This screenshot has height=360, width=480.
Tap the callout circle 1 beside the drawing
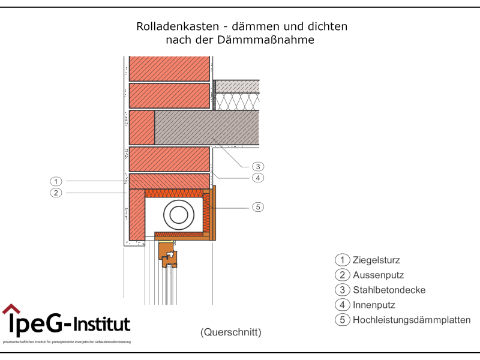click(x=56, y=181)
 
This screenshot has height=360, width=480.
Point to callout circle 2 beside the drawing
click(x=56, y=193)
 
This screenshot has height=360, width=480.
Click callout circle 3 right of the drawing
click(x=257, y=166)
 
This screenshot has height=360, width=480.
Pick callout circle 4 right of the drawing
click(x=257, y=178)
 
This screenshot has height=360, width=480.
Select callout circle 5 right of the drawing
click(x=257, y=207)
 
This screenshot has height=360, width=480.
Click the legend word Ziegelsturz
click(x=376, y=260)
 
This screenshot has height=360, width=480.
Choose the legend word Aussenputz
click(x=378, y=275)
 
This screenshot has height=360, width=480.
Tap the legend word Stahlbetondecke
click(x=389, y=290)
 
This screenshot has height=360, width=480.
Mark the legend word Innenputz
click(x=374, y=305)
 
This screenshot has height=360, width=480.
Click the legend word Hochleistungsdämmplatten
click(x=412, y=320)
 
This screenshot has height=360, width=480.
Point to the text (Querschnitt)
click(x=231, y=332)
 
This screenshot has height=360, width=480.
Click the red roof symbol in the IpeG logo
click(x=11, y=310)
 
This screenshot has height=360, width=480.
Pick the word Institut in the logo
click(x=101, y=325)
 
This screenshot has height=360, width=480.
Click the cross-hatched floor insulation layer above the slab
click(x=238, y=101)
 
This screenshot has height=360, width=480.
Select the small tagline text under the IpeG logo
click(x=67, y=341)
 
